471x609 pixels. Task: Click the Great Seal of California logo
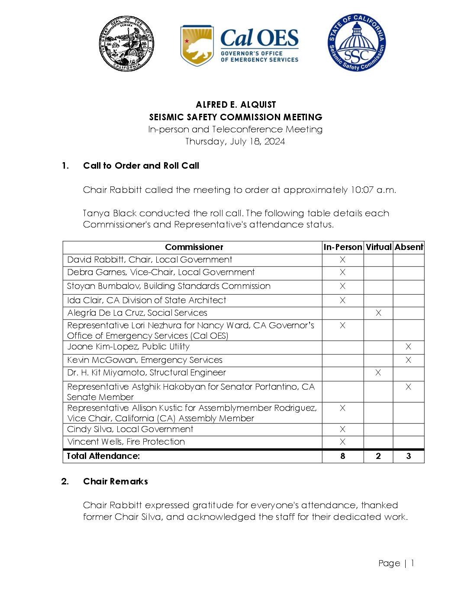126,44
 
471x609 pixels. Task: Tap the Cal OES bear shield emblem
197,45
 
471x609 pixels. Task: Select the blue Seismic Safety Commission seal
356,42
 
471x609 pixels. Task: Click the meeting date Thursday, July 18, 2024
235,141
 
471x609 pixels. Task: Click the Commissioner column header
194,247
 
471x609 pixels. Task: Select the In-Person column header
342,247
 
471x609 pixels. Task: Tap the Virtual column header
378,247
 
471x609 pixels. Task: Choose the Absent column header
409,247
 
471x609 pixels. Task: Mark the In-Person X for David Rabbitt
342,260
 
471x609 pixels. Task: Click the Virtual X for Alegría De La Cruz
378,313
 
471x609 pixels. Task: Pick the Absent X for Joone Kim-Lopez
408,346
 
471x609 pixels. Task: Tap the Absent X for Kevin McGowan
408,360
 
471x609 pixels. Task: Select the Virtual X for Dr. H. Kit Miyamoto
378,372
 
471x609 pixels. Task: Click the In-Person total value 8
342,456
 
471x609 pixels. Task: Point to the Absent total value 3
408,456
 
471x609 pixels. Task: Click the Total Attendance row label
103,456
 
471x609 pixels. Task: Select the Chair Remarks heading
115,481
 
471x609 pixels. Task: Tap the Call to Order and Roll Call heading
141,166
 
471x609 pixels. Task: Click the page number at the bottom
396,563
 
